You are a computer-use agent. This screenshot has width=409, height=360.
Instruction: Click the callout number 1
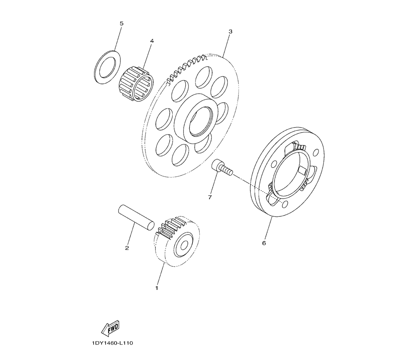(157, 288)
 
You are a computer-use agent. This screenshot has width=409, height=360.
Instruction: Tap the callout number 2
(127, 248)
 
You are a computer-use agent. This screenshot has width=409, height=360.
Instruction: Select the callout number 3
(230, 32)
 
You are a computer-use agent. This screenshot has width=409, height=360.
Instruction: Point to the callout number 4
(152, 41)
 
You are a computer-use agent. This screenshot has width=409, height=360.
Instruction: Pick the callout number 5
(121, 23)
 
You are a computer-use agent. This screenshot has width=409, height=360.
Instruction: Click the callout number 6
(264, 243)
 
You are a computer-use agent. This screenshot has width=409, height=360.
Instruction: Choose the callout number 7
(210, 197)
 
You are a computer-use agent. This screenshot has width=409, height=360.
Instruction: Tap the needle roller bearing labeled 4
(136, 84)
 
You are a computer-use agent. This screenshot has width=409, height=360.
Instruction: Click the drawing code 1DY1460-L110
(112, 343)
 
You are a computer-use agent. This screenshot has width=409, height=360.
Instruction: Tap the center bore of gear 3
(199, 122)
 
